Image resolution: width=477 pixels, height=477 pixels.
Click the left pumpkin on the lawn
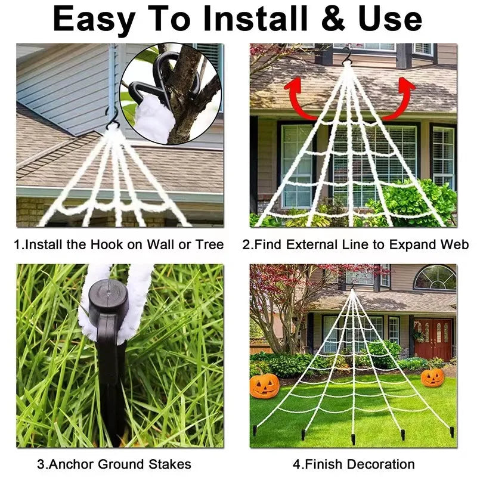(264, 385)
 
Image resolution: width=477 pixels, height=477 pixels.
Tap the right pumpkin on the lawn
(432, 377)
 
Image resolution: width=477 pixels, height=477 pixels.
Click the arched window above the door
(435, 278)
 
